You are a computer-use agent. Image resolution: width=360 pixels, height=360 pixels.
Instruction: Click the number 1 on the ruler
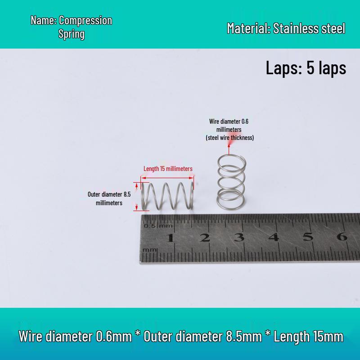(171, 238)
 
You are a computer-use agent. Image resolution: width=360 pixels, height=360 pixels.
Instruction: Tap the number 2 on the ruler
(205, 238)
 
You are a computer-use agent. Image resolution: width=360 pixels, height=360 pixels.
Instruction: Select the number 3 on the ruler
(239, 237)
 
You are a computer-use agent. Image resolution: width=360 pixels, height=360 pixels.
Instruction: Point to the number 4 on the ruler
(274, 237)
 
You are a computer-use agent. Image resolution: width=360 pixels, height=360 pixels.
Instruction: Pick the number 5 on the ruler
(308, 236)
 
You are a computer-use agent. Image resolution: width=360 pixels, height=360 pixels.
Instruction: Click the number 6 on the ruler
(342, 236)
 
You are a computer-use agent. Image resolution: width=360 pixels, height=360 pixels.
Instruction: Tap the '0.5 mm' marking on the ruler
(158, 226)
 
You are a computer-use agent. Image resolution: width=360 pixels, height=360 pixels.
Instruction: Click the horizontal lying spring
(167, 196)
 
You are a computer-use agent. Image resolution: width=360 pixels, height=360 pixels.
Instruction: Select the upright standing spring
(231, 182)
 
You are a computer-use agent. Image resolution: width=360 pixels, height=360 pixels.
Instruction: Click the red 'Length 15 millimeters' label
(168, 169)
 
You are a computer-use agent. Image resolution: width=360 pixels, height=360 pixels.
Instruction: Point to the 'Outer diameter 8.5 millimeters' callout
(109, 198)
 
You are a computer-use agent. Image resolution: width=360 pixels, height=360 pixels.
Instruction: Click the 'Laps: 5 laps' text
(306, 68)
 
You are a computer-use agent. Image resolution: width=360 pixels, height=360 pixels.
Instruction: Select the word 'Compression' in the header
(85, 20)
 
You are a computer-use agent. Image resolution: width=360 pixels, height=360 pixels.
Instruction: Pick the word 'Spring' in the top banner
(72, 34)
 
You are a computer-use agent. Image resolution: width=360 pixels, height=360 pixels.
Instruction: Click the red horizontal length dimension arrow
(167, 178)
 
